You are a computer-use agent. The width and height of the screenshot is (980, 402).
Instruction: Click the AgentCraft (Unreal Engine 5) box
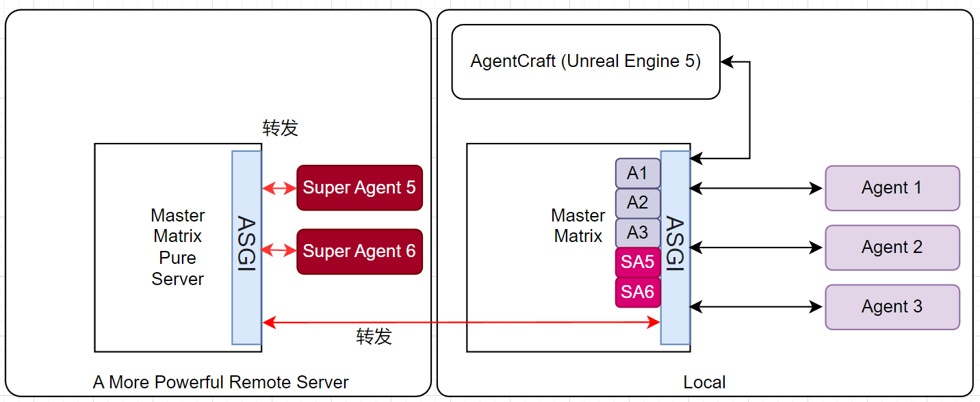(586, 62)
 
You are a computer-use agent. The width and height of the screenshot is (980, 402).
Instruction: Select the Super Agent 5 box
(359, 187)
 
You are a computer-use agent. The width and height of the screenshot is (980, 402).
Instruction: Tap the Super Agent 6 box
(359, 252)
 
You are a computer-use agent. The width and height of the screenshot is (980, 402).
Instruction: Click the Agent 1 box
(892, 188)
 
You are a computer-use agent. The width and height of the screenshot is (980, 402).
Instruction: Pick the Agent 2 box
(892, 247)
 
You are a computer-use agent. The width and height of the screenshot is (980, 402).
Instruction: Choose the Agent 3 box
(892, 307)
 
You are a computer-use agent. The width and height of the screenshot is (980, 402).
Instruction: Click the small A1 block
(637, 173)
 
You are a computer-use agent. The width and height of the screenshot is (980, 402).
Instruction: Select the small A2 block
(637, 203)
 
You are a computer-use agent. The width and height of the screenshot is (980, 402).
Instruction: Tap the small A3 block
(637, 232)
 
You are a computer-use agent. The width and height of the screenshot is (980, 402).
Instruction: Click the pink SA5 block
(637, 262)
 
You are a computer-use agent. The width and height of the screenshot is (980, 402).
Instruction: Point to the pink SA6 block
(637, 292)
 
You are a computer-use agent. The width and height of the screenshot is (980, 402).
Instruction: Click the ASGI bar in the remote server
(246, 247)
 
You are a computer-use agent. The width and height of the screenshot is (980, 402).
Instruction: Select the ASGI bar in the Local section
(675, 247)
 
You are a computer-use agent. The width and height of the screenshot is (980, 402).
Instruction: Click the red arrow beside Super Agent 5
(279, 187)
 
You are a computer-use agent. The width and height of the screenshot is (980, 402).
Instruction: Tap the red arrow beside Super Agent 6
(279, 252)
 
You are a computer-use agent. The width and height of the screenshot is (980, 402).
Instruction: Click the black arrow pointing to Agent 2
(757, 247)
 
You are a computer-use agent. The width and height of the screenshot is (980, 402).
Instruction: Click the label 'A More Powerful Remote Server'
(221, 382)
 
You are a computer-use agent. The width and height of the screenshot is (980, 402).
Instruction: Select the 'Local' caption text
(704, 382)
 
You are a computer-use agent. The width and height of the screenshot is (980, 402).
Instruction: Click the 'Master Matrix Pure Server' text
(178, 247)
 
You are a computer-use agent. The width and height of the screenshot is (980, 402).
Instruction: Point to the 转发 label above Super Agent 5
(281, 128)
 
